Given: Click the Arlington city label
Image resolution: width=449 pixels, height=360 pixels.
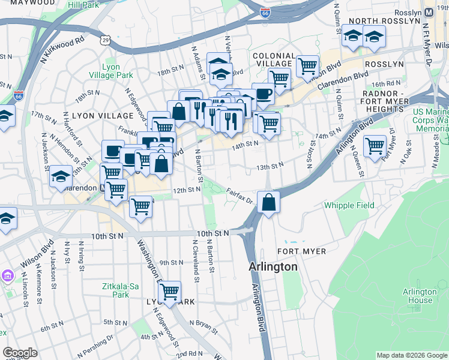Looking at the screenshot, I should coord(273,266).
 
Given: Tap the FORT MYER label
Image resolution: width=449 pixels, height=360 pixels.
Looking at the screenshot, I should coord(302,251).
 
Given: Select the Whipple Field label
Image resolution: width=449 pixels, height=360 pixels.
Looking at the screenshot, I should coord(349,205).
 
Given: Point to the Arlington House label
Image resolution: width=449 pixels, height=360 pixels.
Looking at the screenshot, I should coord(417,296).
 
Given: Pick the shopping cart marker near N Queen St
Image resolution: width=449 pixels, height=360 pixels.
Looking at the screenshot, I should coord(375,146).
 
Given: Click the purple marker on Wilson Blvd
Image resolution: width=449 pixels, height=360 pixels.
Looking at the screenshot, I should coord(8,276).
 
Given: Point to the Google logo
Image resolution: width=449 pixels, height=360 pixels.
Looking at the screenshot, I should coord(20,353).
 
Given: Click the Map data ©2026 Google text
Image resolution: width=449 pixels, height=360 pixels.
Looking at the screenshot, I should coord(412,355).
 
